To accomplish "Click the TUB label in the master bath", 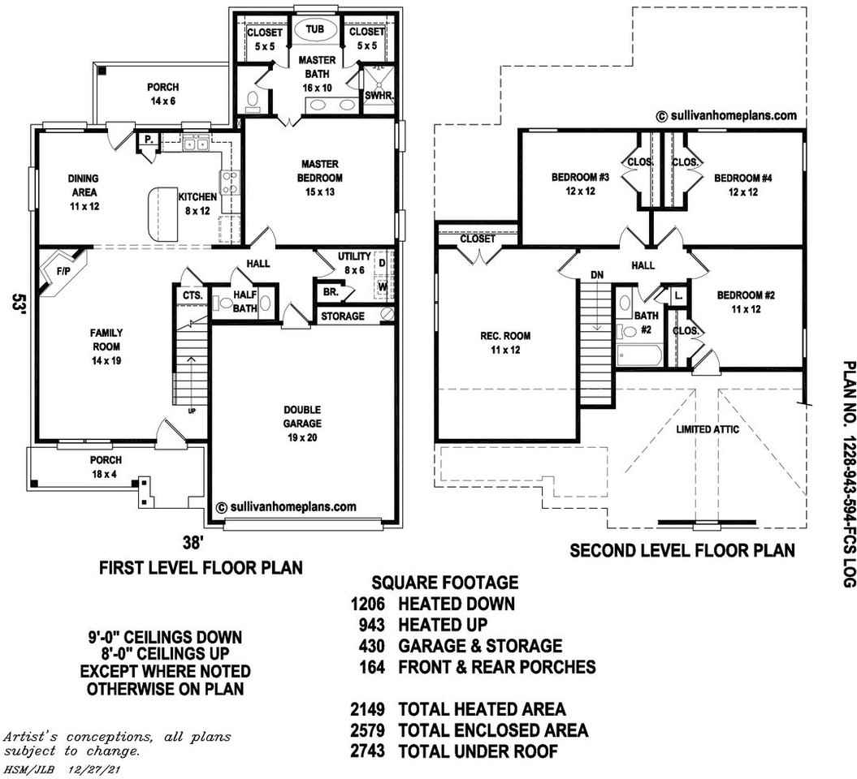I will point(314,30).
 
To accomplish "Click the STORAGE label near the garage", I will point(342,316).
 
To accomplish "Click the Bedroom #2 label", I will point(745,302).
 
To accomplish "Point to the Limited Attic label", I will point(708,429).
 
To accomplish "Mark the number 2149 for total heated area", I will point(367,710).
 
